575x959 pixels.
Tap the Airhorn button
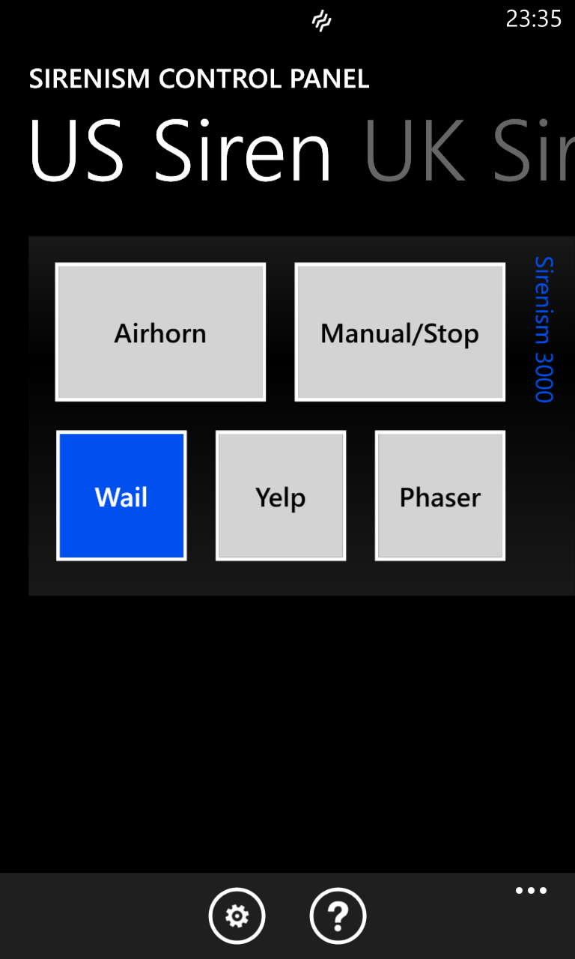160,332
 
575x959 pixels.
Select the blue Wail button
121,496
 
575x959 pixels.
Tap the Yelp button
281,496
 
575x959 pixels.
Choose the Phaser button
440,496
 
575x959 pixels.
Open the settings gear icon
237,916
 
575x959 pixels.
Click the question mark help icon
338,916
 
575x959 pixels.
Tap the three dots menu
531,891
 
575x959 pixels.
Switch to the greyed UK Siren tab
469,150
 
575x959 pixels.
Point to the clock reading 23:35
534,19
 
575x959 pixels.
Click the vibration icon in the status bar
321,21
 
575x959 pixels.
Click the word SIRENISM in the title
89,79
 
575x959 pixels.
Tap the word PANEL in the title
329,79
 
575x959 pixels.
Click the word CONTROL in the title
220,79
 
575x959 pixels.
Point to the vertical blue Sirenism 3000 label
544,329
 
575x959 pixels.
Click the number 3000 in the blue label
544,378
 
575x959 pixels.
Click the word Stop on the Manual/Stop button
451,334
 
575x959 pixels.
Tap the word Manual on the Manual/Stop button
366,333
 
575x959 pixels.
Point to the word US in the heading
76,150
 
